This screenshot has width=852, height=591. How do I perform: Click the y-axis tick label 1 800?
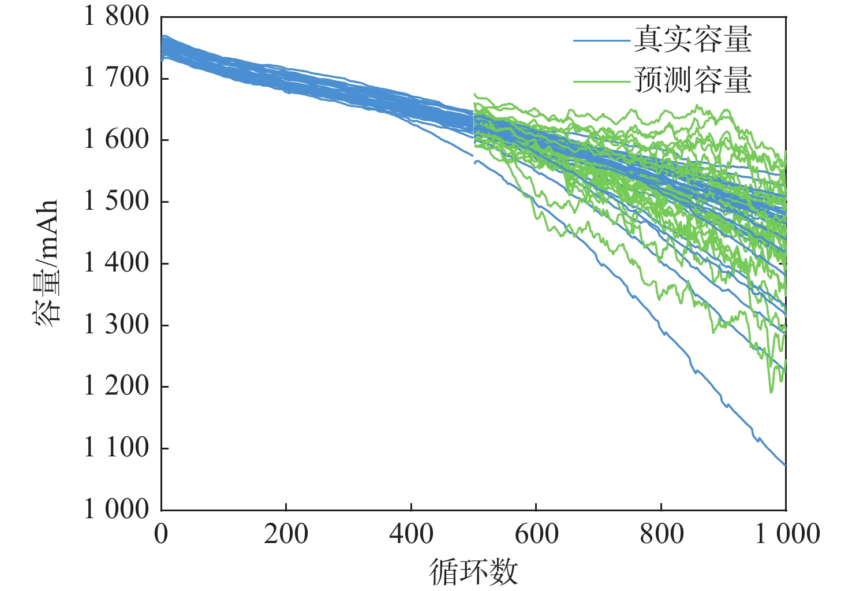[116, 16]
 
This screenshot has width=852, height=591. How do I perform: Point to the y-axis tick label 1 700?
[116, 77]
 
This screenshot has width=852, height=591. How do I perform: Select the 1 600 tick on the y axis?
[116, 139]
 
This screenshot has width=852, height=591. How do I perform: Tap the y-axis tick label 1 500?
[116, 201]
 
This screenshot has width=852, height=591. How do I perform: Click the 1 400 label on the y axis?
[116, 263]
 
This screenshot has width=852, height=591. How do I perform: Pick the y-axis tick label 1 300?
[116, 325]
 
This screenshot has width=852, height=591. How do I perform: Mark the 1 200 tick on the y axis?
[116, 386]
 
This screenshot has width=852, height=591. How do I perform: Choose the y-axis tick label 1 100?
[116, 448]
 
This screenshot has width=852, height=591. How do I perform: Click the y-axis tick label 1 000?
[116, 510]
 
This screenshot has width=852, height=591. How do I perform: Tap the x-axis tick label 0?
[161, 533]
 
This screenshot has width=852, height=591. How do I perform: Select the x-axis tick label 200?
[286, 533]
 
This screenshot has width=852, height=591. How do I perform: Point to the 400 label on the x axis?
[411, 533]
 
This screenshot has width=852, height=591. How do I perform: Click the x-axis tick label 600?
[536, 533]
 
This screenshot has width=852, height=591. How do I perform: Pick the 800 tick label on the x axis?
[662, 533]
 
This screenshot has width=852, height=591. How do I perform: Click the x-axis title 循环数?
[473, 572]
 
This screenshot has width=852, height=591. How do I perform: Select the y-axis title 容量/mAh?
[46, 263]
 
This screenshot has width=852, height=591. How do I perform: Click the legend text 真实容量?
[693, 39]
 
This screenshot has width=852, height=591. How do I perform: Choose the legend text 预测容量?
[693, 80]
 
